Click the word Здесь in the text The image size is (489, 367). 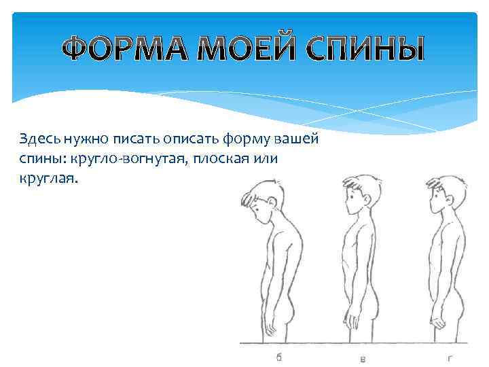pyautogui.click(x=39, y=139)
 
